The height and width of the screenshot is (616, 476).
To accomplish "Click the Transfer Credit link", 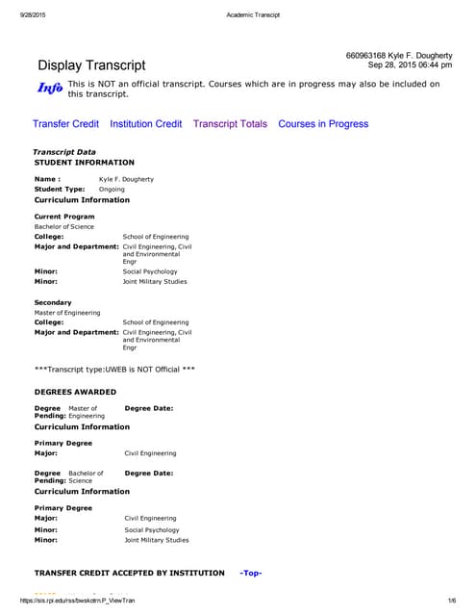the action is click(65, 124).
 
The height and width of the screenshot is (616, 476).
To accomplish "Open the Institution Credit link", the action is click(146, 124).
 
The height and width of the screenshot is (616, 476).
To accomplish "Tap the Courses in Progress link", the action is click(323, 124).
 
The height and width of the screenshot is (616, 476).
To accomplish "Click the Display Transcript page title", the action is click(91, 65).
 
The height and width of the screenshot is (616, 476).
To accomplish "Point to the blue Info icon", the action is click(50, 89).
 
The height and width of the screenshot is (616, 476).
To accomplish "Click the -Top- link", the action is click(250, 573).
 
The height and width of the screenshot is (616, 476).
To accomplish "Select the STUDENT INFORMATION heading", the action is click(85, 163).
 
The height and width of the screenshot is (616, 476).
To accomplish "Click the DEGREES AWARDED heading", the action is click(75, 392).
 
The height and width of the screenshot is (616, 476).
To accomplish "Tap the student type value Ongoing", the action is click(112, 190).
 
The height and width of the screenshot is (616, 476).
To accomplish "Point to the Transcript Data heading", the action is click(64, 153).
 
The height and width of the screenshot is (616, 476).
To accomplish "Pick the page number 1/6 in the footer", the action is click(453, 601).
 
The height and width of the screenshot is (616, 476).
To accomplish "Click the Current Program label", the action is click(64, 217).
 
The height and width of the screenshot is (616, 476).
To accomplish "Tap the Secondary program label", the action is click(53, 302).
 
